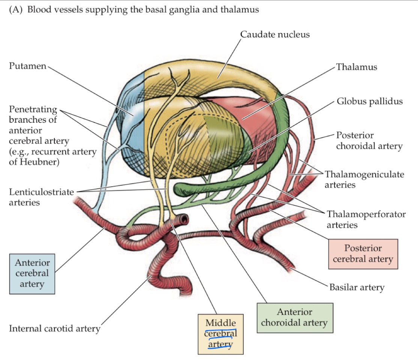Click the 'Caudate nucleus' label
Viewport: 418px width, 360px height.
275,34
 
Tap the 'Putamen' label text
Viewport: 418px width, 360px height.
27,66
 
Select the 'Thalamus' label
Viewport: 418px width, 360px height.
356,67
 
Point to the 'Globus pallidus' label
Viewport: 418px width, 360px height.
369,101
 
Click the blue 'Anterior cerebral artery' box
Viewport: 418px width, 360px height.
32,273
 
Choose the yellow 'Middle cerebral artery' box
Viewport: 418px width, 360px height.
221,334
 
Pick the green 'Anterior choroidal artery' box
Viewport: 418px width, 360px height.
295,317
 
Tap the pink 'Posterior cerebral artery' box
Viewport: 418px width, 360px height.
363,253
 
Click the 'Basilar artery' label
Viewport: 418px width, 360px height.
356,288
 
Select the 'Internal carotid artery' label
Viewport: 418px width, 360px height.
55,329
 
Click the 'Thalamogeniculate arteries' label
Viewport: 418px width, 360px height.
364,179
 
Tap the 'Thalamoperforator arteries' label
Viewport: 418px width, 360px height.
366,219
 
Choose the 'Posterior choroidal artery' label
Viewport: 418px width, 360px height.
369,140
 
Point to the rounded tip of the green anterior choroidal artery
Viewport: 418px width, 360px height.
178,187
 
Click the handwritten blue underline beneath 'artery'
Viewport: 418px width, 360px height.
220,348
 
